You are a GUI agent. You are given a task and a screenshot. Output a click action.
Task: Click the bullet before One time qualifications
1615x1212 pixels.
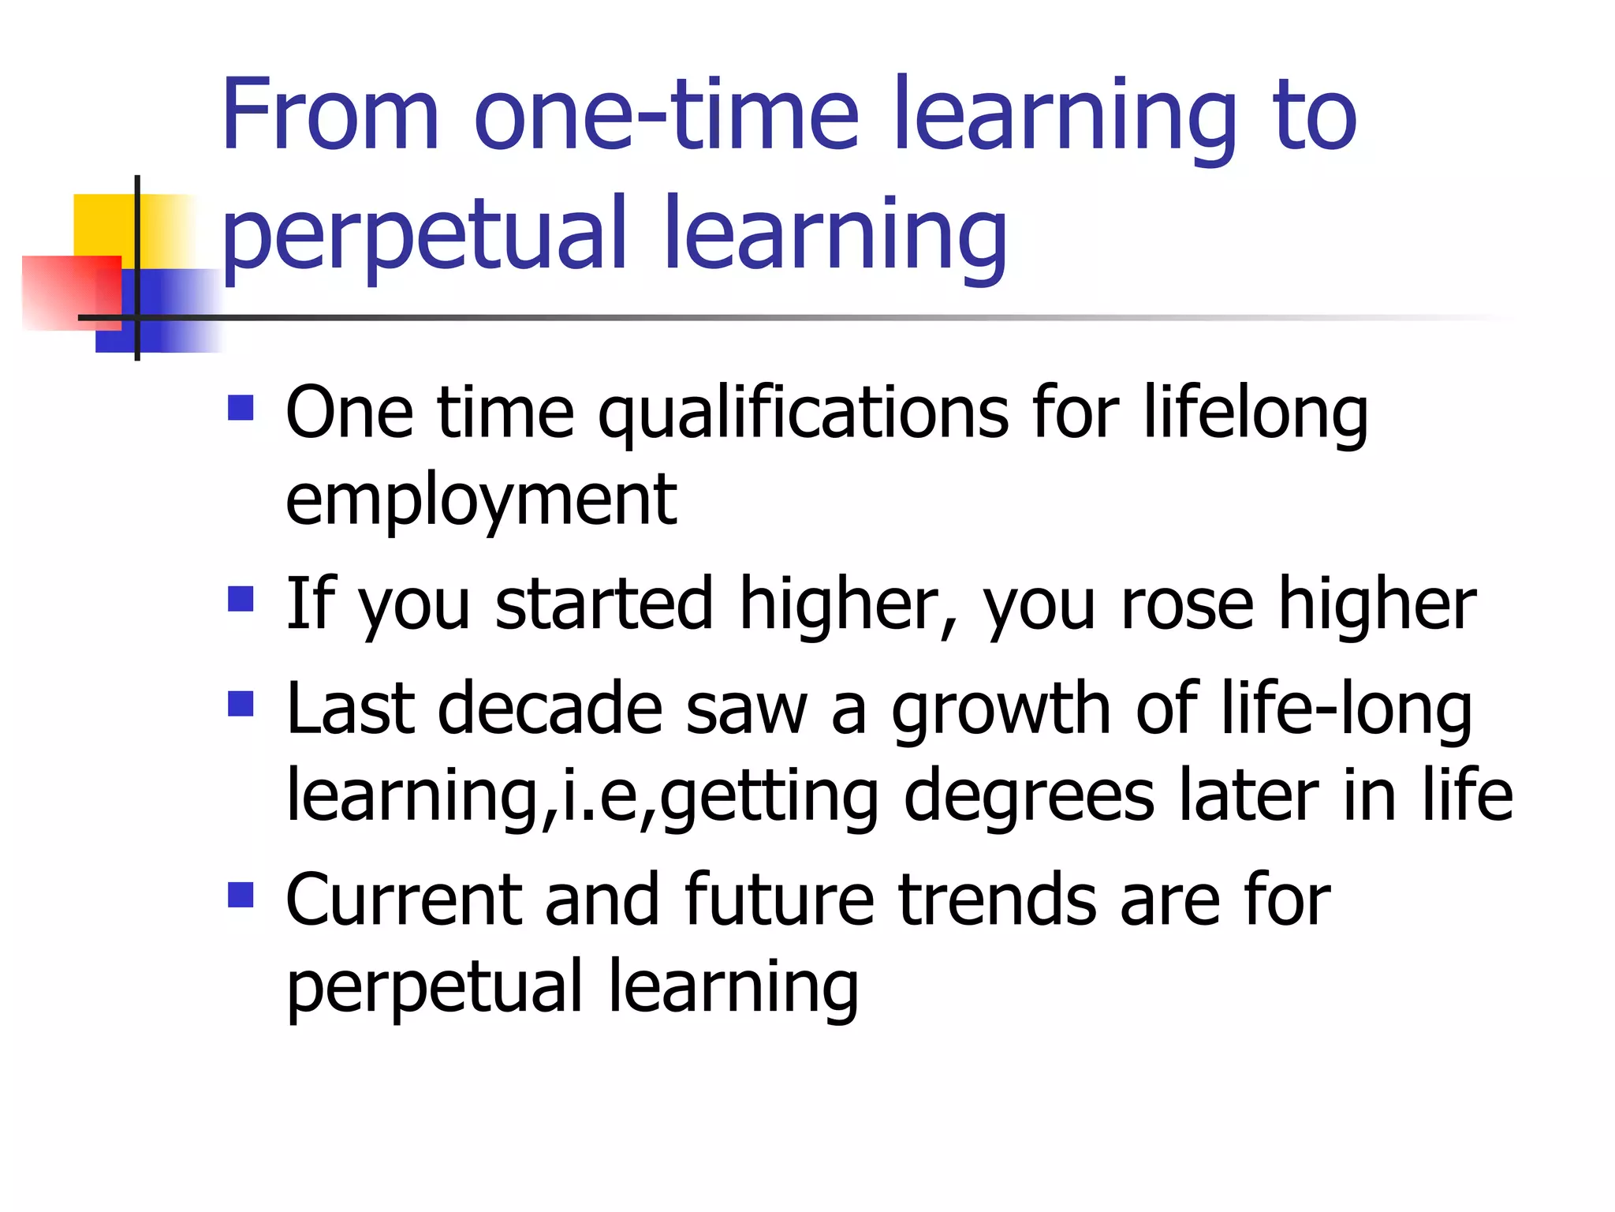[x=241, y=408]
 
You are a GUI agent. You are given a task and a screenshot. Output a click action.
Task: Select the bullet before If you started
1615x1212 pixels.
[x=241, y=599]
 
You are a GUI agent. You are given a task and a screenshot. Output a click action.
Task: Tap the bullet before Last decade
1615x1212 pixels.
[x=241, y=704]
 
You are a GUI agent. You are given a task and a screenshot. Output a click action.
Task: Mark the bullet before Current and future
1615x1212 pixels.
[x=241, y=896]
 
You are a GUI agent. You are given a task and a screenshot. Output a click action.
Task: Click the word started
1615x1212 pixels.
[x=604, y=604]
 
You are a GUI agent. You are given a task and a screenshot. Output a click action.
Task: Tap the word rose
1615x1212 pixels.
[x=1187, y=604]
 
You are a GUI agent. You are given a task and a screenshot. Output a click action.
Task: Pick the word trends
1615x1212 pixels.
[x=997, y=901]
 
